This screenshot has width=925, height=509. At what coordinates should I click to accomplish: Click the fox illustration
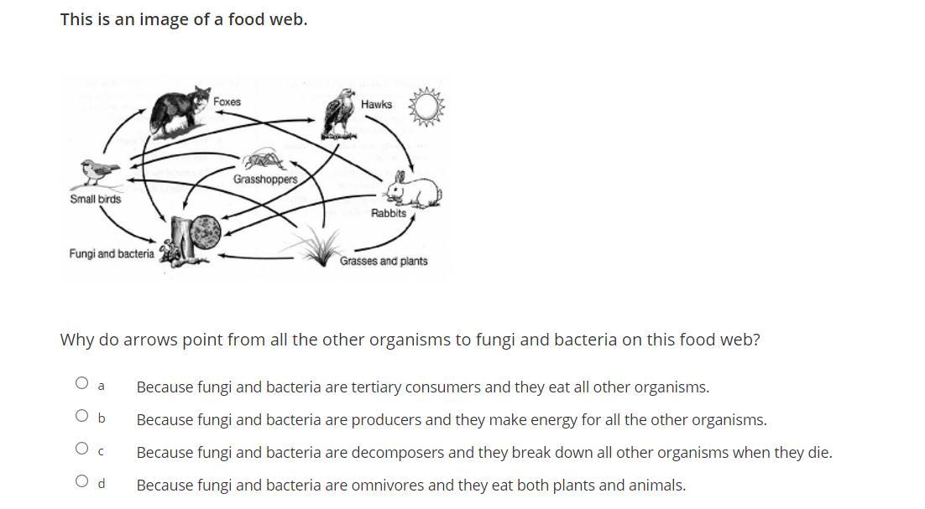pyautogui.click(x=179, y=111)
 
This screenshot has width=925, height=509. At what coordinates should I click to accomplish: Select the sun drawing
pyautogui.click(x=426, y=106)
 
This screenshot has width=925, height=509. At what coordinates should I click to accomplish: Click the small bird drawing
pyautogui.click(x=99, y=173)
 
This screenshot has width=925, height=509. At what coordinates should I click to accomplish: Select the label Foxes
pyautogui.click(x=227, y=101)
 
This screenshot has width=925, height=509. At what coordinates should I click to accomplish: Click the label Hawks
pyautogui.click(x=376, y=104)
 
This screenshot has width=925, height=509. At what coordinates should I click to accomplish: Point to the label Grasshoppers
pyautogui.click(x=265, y=179)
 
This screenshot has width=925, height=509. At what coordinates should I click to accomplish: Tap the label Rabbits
pyautogui.click(x=389, y=213)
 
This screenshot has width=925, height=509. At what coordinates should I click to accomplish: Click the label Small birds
pyautogui.click(x=96, y=200)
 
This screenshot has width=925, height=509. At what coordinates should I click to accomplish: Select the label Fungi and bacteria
pyautogui.click(x=112, y=253)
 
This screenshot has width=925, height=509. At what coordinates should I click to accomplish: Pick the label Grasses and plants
pyautogui.click(x=384, y=261)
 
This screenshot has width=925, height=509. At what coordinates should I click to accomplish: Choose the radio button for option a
pyautogui.click(x=81, y=383)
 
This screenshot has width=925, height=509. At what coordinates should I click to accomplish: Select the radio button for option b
pyautogui.click(x=81, y=415)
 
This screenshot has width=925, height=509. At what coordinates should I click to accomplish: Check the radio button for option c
pyautogui.click(x=81, y=448)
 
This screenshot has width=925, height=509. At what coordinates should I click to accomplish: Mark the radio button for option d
pyautogui.click(x=81, y=480)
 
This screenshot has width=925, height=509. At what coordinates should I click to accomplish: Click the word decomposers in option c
pyautogui.click(x=397, y=453)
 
